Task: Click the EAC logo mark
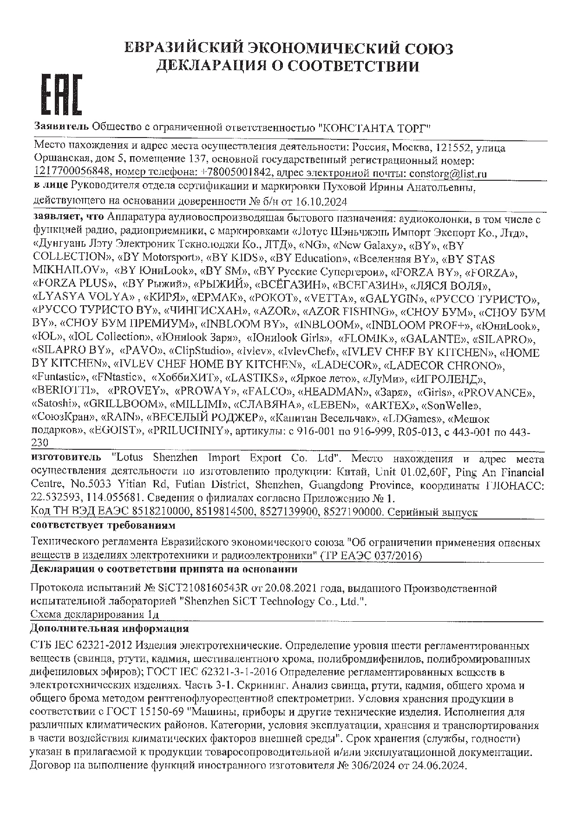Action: pyautogui.click(x=62, y=94)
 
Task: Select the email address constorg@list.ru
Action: pyautogui.click(x=448, y=173)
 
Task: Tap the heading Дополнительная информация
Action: pyautogui.click(x=110, y=629)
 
